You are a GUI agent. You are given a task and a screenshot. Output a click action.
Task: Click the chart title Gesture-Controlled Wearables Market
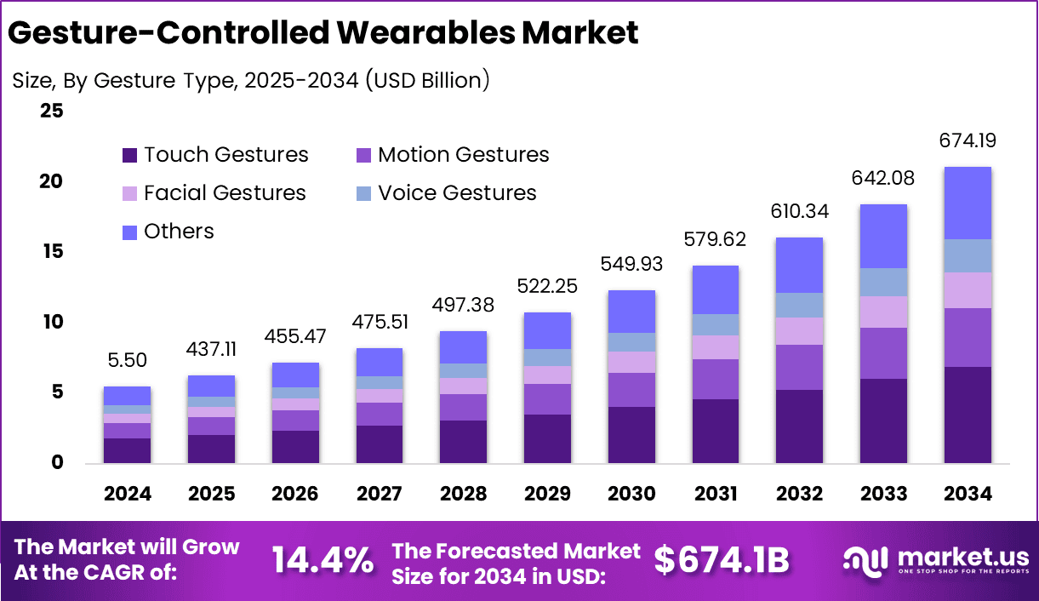pyautogui.click(x=323, y=33)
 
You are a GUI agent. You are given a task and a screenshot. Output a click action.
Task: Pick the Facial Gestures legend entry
pyautogui.click(x=214, y=193)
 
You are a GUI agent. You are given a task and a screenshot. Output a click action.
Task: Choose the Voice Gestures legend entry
pyautogui.click(x=447, y=193)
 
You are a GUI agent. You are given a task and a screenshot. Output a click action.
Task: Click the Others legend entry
pyautogui.click(x=168, y=232)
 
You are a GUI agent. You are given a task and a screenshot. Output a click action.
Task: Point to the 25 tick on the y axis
pyautogui.click(x=52, y=111)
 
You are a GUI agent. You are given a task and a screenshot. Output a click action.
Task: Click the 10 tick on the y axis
pyautogui.click(x=52, y=322)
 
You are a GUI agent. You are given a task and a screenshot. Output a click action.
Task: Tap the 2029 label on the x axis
pyautogui.click(x=547, y=494)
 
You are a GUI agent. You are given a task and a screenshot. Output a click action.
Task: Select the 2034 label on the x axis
pyautogui.click(x=968, y=494)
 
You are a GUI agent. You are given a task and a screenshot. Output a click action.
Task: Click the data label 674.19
pyautogui.click(x=968, y=140)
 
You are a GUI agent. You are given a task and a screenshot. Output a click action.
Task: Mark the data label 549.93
pyautogui.click(x=631, y=262)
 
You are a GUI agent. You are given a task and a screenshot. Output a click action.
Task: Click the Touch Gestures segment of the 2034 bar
pyautogui.click(x=968, y=415)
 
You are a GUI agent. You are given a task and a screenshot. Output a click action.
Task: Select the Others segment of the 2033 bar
pyautogui.click(x=883, y=236)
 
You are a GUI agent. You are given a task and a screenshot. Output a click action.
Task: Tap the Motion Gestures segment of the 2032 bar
pyautogui.click(x=799, y=367)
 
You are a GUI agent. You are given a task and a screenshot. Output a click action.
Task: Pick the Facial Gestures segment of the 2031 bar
pyautogui.click(x=715, y=346)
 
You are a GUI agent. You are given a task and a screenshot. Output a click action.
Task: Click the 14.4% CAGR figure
pyautogui.click(x=323, y=560)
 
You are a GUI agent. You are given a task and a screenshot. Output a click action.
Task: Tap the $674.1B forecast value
pyautogui.click(x=722, y=560)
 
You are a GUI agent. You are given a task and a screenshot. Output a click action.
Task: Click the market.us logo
pyautogui.click(x=936, y=560)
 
